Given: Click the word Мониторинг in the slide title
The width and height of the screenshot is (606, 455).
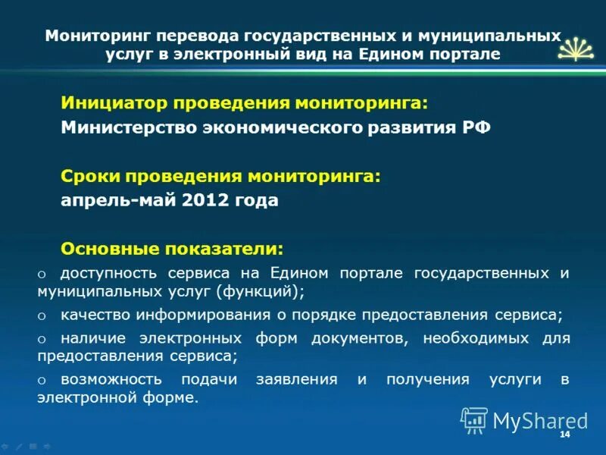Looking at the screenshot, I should click(89, 36).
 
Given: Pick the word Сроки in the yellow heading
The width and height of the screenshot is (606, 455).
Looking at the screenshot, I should click(86, 176).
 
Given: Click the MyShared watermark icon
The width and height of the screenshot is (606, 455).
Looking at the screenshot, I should click(474, 420).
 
